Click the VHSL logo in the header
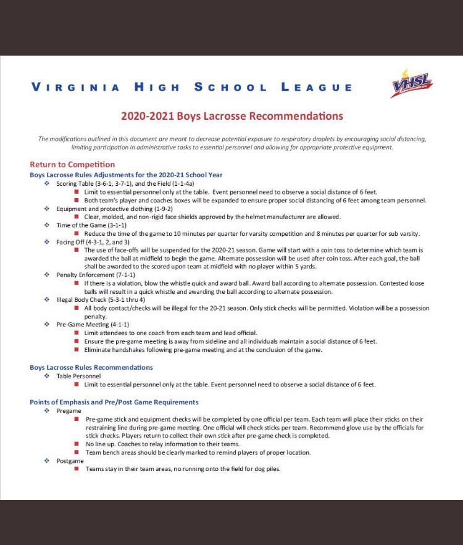412,84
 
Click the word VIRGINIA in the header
75,87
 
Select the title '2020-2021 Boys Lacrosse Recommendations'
231,116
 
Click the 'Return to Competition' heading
72,165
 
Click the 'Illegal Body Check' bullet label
81,299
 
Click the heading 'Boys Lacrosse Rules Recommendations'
91,367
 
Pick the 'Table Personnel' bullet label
78,376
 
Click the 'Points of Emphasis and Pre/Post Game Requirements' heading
114,402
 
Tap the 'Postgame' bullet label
70,460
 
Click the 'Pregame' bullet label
69,410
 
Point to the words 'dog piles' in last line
267,469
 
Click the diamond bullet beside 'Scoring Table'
47,183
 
